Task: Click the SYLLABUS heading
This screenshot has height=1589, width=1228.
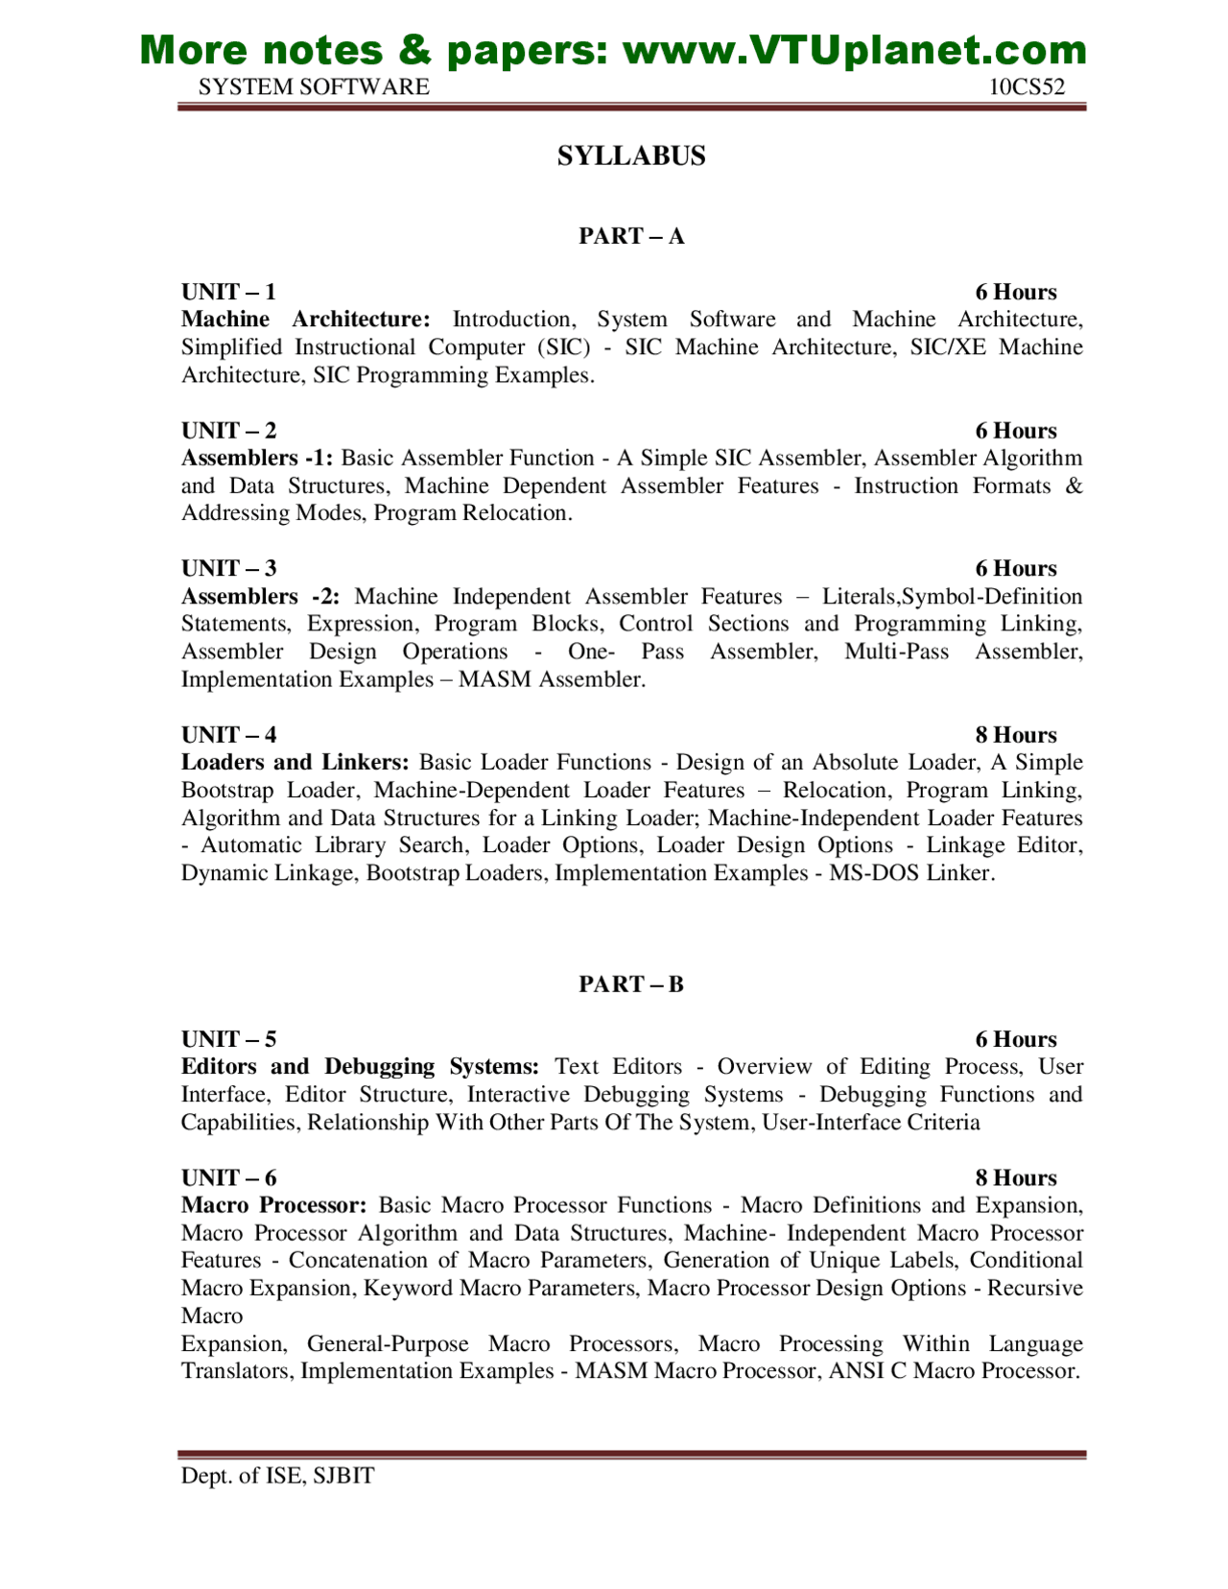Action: (x=631, y=156)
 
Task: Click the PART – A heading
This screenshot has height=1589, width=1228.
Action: (x=631, y=236)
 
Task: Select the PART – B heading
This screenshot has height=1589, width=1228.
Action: (x=631, y=984)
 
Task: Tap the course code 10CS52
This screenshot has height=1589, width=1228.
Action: (x=1027, y=87)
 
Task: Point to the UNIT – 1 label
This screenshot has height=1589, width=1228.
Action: (x=228, y=292)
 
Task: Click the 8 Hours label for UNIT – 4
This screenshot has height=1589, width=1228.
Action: (x=1016, y=735)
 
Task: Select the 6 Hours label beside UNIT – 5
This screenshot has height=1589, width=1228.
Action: (x=1016, y=1039)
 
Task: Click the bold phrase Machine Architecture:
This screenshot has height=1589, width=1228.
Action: (x=306, y=320)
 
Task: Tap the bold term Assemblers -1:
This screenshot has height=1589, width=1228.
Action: (x=257, y=458)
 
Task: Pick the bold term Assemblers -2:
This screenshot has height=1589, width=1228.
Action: (x=260, y=596)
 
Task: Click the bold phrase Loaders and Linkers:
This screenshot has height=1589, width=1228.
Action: (x=295, y=762)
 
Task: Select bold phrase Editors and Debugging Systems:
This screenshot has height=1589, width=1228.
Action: (x=360, y=1066)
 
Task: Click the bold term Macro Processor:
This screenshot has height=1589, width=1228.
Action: (x=274, y=1205)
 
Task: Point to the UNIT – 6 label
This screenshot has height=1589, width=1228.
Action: (x=228, y=1177)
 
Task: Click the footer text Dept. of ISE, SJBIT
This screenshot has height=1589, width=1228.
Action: (x=277, y=1476)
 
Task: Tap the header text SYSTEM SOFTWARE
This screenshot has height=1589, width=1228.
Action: (x=314, y=87)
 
